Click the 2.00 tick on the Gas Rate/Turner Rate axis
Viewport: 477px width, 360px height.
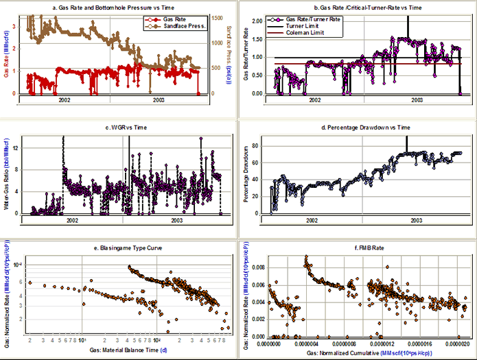point(255,21)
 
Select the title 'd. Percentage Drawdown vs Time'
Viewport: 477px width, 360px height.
point(355,128)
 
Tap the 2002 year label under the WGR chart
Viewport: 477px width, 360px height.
point(71,219)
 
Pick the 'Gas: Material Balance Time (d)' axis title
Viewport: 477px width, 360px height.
point(120,350)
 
